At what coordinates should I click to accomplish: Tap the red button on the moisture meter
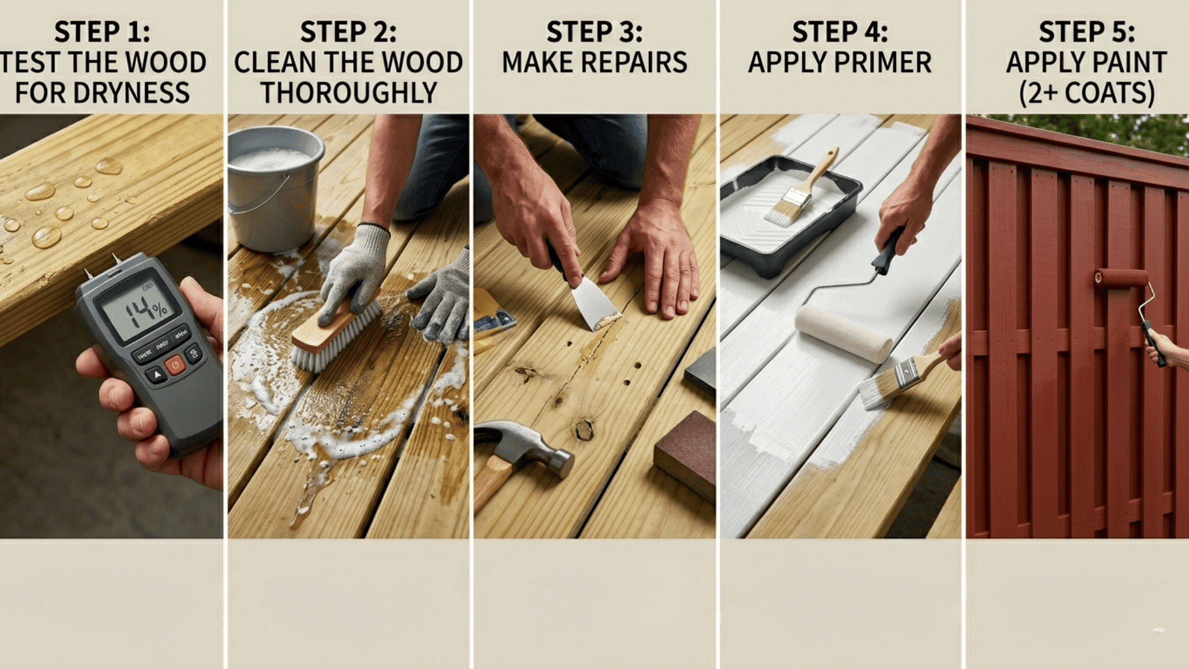coord(175,365)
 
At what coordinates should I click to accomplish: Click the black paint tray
coord(786,217)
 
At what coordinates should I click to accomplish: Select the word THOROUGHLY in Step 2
coord(349,93)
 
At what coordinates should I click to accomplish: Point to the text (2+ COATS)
coord(1087,93)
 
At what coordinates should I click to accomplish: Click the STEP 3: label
coord(594,32)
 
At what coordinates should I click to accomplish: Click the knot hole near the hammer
coord(584,429)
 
